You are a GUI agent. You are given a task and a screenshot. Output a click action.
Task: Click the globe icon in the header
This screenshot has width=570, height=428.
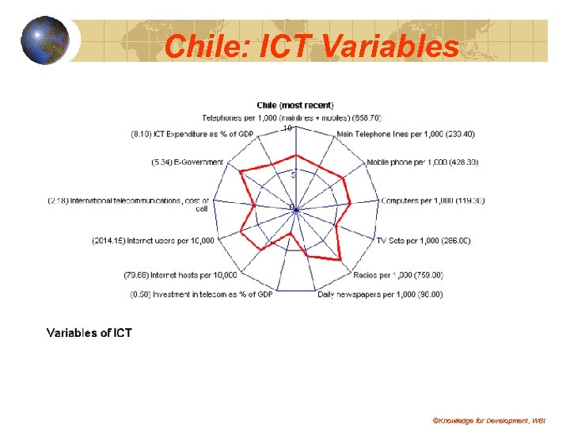coord(45,40)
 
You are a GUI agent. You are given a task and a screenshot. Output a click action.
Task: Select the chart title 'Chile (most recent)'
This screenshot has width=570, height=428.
coord(294,105)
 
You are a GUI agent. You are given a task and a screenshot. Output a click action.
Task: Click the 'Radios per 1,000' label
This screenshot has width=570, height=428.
coord(397,275)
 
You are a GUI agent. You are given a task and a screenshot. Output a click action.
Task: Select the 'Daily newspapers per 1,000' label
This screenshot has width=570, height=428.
coord(380,295)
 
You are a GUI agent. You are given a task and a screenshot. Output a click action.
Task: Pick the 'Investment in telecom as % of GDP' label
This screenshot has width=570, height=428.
coord(201,295)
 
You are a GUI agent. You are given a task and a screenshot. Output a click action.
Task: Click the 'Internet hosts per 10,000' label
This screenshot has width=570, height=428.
coord(180,275)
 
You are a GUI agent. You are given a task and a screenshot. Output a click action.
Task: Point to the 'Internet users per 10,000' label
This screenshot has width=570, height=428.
coord(153,240)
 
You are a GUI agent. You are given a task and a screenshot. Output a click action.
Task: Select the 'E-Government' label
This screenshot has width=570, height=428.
coord(188,162)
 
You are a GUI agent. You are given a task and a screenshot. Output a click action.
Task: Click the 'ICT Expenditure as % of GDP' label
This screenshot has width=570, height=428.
coord(192,134)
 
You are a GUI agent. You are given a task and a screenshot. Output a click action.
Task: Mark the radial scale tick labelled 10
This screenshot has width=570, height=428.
coord(287,128)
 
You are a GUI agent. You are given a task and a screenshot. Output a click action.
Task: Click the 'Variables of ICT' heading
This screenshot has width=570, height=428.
coord(89,333)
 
